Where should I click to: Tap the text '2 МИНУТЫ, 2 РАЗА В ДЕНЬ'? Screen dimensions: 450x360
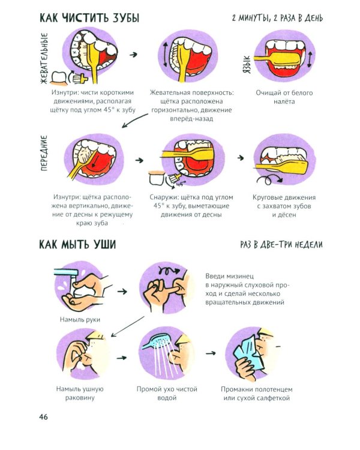coord(277,18)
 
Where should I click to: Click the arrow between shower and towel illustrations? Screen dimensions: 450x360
coord(210,353)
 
